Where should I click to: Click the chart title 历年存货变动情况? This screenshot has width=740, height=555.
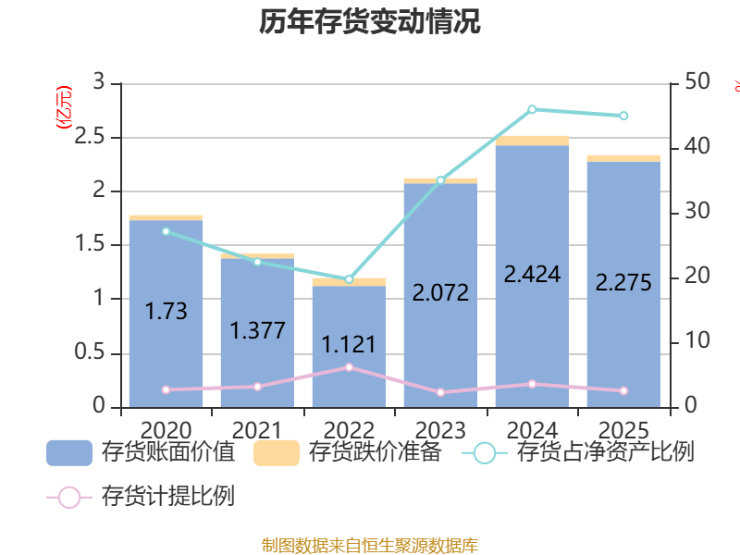point(370,22)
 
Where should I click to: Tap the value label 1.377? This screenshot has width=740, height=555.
point(257,330)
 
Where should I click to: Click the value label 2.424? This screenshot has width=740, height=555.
point(532,274)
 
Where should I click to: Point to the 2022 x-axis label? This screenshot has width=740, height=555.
point(349,430)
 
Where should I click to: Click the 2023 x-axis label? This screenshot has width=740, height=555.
point(440,430)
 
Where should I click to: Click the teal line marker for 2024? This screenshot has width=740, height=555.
point(532,109)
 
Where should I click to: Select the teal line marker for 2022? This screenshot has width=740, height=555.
point(349,279)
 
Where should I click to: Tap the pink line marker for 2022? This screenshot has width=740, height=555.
point(349,367)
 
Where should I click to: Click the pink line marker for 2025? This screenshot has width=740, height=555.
point(623,391)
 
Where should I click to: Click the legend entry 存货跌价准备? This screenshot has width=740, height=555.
point(348,452)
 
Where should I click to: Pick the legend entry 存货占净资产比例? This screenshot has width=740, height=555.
point(583,452)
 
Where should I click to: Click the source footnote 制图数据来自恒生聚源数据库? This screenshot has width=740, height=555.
point(370,546)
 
